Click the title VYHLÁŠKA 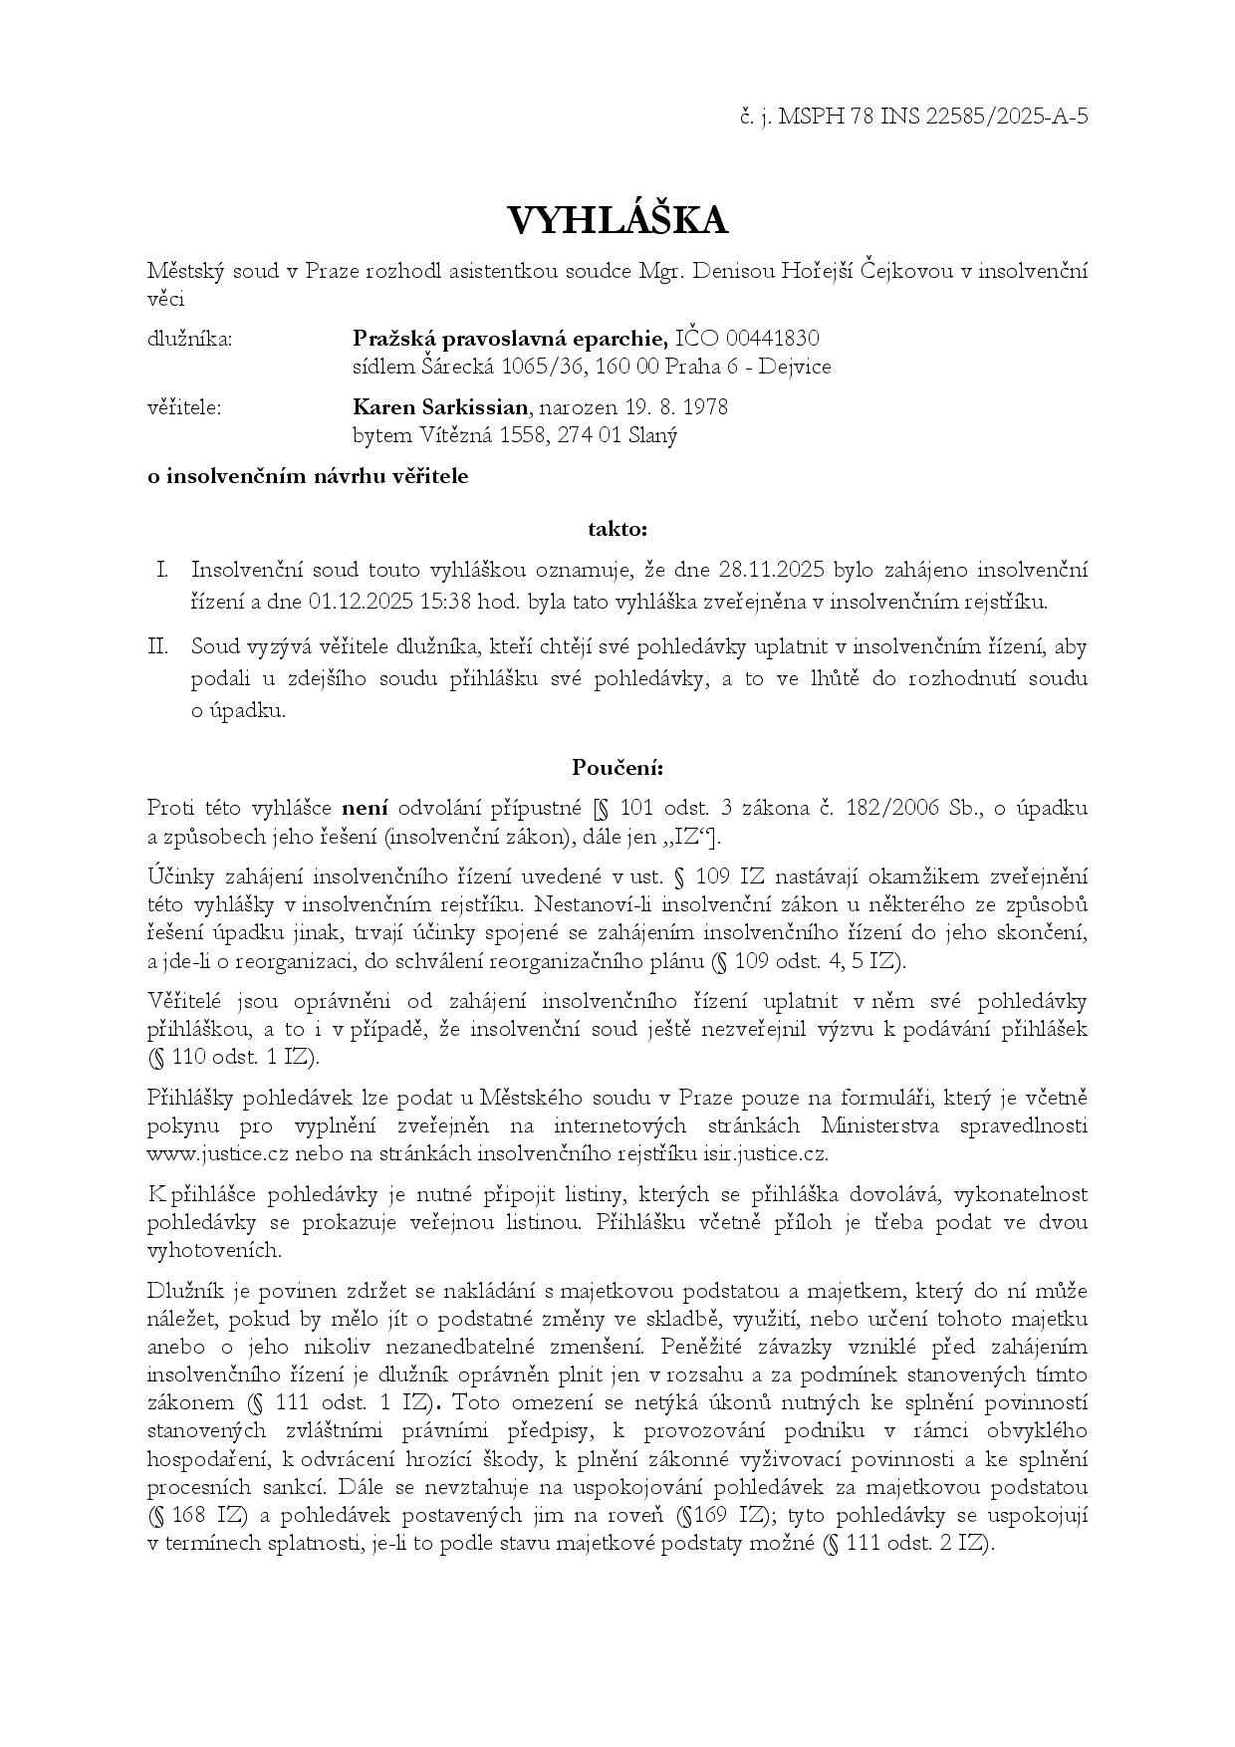pos(617,220)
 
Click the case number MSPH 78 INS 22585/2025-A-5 pos(933,117)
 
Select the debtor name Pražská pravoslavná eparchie pos(510,339)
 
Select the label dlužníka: pos(189,340)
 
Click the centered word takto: pos(617,529)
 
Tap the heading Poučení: pos(617,767)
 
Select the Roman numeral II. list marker pos(158,646)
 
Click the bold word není pos(365,808)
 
